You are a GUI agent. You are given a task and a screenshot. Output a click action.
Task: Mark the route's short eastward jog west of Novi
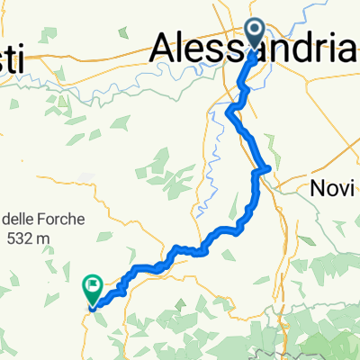(x=263, y=168)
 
